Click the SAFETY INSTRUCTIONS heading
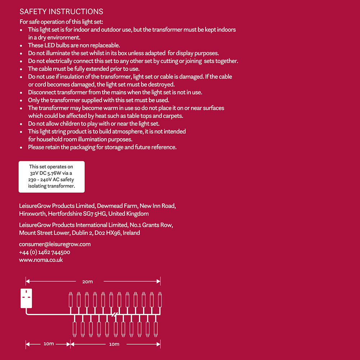point(61,12)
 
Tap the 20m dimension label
point(87,282)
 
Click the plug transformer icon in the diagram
point(26,298)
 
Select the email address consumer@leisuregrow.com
point(55,244)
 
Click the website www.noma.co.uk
point(41,260)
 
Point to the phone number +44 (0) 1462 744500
point(45,252)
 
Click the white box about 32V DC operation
point(51,177)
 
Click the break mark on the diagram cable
point(114,315)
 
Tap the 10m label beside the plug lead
point(49,344)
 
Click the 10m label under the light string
point(114,344)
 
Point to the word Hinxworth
point(32,214)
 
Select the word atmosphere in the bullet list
point(124,132)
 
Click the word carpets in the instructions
point(174,116)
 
